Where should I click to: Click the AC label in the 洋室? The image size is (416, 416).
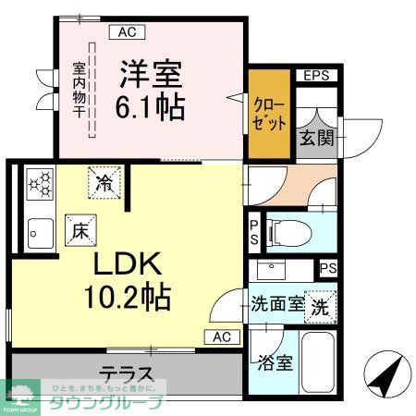click(x=127, y=32)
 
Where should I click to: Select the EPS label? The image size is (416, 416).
click(x=318, y=76)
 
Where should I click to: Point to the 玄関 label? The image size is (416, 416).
click(x=310, y=140)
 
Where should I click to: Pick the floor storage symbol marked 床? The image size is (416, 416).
click(x=78, y=228)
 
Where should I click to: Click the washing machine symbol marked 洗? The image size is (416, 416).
click(x=319, y=305)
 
